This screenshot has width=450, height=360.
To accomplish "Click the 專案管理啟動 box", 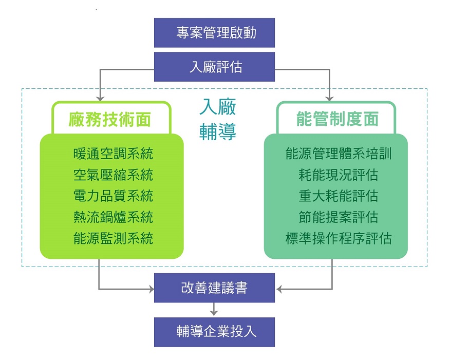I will pos(214,33).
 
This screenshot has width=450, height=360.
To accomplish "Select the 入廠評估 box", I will pos(214,67).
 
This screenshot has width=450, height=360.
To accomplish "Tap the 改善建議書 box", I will pos(214,288).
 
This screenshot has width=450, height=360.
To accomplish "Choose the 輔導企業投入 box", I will pos(214,331).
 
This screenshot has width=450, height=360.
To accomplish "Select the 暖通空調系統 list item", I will pos(113,154).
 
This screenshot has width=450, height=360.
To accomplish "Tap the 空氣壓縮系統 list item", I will pos(113,175).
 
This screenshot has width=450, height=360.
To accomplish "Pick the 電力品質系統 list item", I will pos(113,196).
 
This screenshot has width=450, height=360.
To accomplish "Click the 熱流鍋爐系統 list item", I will pos(113,217).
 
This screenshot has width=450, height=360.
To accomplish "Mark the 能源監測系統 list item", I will pos(113,238).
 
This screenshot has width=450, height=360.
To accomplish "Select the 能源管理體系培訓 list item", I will pos(339,154).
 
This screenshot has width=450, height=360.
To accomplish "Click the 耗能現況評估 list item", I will pos(339,175).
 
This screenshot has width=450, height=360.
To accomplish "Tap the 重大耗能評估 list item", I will pos(339,196).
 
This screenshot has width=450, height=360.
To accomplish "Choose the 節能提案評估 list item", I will pos(339,217).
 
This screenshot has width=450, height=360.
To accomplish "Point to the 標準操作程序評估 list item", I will pos(339,238).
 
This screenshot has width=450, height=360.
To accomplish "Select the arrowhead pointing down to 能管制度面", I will pos(329,97).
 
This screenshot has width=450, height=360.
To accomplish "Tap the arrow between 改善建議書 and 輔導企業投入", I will pos(214,310).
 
